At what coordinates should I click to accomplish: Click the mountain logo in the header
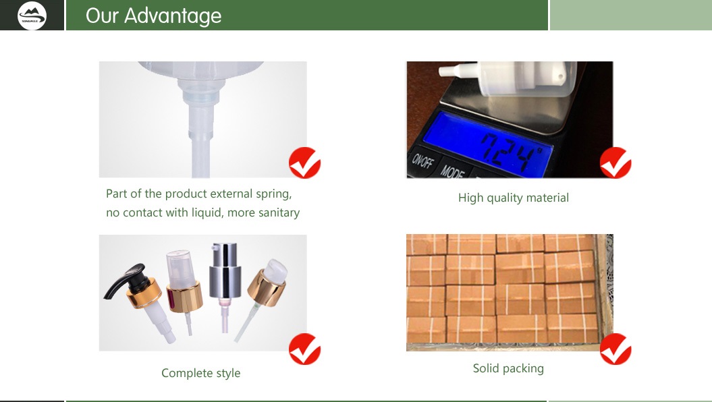coord(32,16)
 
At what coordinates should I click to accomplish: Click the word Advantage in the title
coord(173,16)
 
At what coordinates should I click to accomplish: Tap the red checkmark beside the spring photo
coord(304,163)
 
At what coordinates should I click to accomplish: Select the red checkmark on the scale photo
coord(615,163)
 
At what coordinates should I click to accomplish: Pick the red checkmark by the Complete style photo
coord(304,349)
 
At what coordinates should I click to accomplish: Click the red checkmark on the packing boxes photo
coord(615,349)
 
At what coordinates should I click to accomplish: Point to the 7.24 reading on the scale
coord(512,152)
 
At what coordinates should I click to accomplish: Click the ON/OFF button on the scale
coord(422,160)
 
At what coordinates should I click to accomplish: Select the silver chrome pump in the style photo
coord(225,270)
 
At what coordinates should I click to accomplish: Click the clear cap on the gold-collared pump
coord(181,267)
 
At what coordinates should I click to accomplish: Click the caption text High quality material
coord(513,198)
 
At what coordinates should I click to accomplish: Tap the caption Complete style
coord(200,373)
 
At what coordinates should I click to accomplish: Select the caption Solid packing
coord(508,368)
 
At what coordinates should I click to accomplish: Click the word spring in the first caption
coord(273,194)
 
